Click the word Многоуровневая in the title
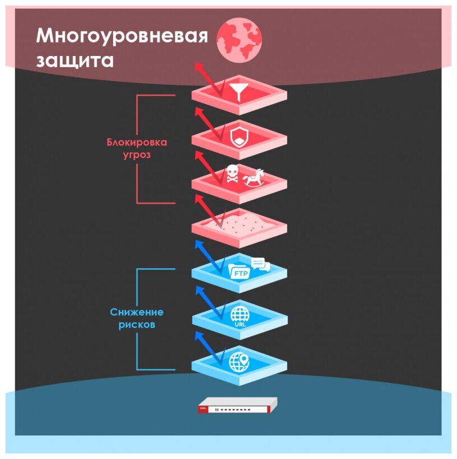121,36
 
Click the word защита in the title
74,60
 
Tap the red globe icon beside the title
239,39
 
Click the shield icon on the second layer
238,136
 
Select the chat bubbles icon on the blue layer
261,264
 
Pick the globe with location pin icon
240,360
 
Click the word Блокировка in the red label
137,142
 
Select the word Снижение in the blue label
137,312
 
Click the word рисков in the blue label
137,324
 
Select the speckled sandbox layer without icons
239,224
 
